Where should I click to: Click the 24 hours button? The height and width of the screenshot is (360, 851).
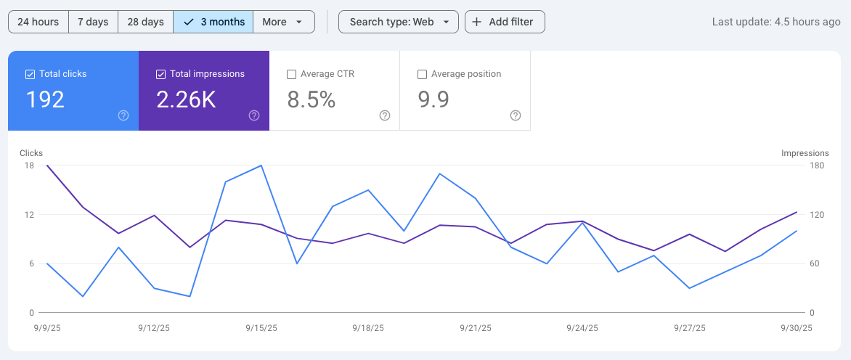[38, 22]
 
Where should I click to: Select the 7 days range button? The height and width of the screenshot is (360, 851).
[93, 22]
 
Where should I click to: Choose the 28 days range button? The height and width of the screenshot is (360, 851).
[145, 22]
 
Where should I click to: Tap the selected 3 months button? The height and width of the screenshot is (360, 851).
[213, 22]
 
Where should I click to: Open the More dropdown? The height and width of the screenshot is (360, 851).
[283, 22]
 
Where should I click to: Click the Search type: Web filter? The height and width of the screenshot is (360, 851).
[399, 22]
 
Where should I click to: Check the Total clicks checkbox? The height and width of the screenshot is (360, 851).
[30, 74]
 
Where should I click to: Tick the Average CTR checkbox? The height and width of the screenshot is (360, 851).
[291, 74]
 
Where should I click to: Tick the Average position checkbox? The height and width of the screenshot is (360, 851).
[422, 74]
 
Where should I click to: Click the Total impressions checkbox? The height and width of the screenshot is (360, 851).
[160, 74]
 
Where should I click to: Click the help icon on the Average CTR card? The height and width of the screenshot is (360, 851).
[385, 115]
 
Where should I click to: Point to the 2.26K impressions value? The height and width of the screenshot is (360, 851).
[187, 99]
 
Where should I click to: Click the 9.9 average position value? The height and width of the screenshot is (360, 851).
[434, 99]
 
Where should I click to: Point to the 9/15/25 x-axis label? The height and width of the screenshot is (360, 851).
[261, 328]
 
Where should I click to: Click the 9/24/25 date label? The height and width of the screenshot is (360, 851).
[582, 328]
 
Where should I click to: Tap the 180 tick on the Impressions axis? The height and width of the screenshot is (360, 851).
[817, 165]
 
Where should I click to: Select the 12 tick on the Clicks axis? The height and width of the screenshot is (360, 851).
[29, 215]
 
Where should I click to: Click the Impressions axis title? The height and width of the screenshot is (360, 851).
[805, 153]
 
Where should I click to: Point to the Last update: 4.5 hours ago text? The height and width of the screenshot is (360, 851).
[776, 22]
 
